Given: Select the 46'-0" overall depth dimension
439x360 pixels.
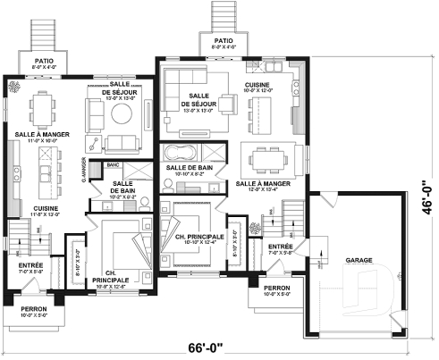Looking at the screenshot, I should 430,199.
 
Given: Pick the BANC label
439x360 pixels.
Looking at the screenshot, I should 113,165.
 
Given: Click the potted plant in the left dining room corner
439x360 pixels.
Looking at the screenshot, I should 13,88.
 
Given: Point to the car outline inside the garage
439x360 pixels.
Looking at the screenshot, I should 376,299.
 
